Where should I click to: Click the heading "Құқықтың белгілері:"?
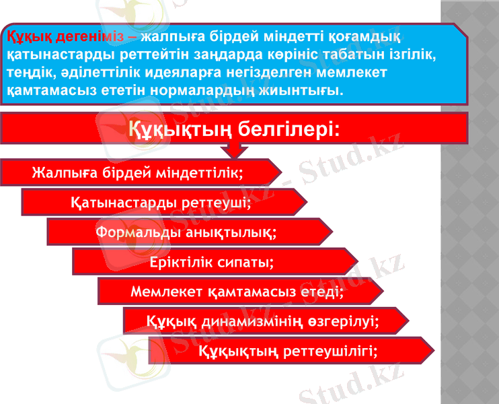(x=233, y=127)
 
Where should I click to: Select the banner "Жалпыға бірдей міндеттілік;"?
(x=138, y=172)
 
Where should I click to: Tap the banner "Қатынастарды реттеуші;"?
(x=161, y=202)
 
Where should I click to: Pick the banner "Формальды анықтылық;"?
(x=186, y=232)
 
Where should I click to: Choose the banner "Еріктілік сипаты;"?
(x=212, y=262)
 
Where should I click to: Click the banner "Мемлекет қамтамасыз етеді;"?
(x=237, y=292)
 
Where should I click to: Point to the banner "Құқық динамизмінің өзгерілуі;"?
(x=262, y=321)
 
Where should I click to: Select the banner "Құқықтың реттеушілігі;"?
(x=288, y=351)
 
